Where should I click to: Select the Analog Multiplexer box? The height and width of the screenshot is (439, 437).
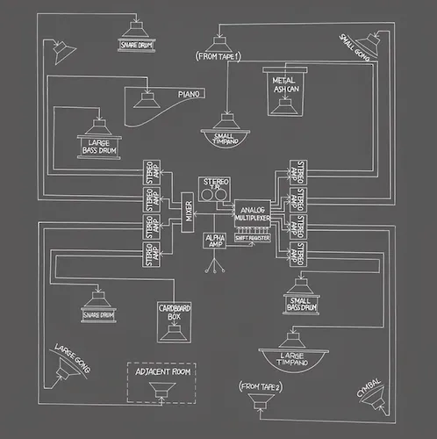(252, 212)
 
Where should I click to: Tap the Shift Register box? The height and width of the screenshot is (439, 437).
(252, 238)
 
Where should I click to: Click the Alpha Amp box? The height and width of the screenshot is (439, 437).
(214, 239)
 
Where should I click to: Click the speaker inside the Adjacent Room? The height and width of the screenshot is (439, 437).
(160, 394)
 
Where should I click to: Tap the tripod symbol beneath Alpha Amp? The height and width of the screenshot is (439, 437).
(214, 263)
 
